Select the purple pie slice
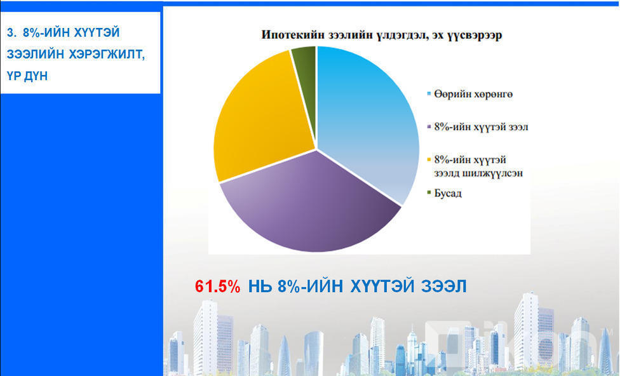pos(313,206)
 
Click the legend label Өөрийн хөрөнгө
pos(473,95)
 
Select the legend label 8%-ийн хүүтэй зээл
pos(482,127)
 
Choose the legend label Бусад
pos(448,193)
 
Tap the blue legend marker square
pos(429,94)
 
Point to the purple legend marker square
pos(429,127)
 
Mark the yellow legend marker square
pos(429,159)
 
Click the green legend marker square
pos(429,192)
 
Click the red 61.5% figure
pos(217,286)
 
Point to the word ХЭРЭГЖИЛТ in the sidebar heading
pos(107,55)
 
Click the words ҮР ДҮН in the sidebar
pos(27,76)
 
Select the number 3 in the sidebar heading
pos(11,32)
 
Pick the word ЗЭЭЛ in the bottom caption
pos(444,286)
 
